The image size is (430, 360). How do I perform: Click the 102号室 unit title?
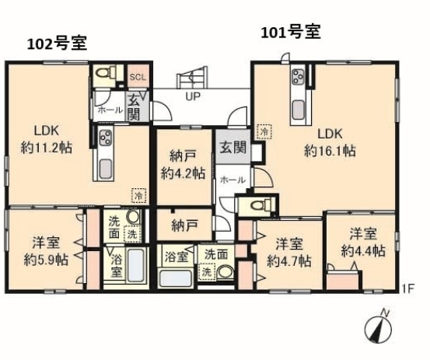(x=57, y=44)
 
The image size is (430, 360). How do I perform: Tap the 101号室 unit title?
(x=290, y=33)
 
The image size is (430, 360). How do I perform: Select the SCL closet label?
(x=138, y=77)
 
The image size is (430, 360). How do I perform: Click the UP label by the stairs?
(x=193, y=96)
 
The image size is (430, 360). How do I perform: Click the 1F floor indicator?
(x=408, y=289)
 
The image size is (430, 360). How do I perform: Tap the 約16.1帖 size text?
(x=330, y=151)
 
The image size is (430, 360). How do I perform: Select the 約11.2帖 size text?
(x=47, y=148)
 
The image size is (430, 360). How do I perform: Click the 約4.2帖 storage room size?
(x=183, y=173)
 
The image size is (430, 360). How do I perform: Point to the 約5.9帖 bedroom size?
(x=46, y=259)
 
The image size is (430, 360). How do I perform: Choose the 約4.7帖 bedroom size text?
(x=289, y=261)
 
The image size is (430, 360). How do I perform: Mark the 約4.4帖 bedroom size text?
(x=363, y=250)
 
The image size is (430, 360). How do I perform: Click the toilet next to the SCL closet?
(x=105, y=72)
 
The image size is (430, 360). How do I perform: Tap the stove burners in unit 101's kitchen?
(x=298, y=75)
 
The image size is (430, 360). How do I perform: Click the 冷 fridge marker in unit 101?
(x=264, y=131)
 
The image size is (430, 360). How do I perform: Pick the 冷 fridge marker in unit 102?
(x=138, y=195)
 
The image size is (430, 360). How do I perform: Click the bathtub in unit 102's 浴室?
(x=136, y=265)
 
